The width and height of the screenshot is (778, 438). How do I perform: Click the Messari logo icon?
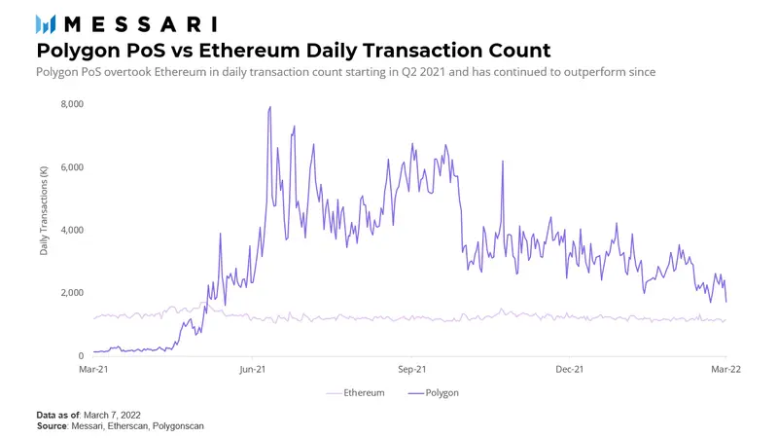coord(45,23)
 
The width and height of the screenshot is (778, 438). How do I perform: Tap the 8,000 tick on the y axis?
coord(72,104)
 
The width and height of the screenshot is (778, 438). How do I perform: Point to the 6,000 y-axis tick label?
coord(72,167)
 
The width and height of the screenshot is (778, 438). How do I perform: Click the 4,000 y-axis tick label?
coord(72,230)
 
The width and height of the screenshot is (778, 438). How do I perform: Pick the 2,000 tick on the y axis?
coord(72,293)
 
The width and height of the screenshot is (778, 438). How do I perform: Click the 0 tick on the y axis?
coord(81,356)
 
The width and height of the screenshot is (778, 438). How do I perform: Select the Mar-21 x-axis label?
coord(93,370)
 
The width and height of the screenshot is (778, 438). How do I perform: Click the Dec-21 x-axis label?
coord(569,370)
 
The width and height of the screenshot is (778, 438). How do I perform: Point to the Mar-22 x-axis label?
coord(726,370)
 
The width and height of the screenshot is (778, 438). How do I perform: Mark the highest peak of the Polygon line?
coord(269,107)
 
